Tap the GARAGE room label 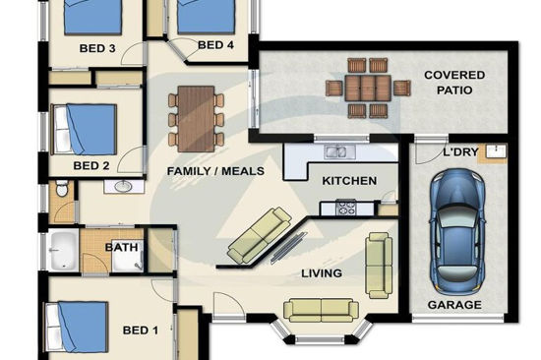pos(454,305)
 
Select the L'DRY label pos(460,151)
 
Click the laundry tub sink pos(496,151)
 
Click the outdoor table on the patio pos(368,89)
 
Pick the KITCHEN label pos(349,181)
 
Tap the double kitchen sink pos(339,151)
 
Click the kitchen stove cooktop pos(345,208)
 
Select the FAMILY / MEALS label pos(215,171)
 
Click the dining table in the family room pos(196,119)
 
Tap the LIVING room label pos(322,273)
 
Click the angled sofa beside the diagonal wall pos(260,235)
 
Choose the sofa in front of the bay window pos(321,310)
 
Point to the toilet pos(62,188)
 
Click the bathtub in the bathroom pos(64,250)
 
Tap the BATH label pos(121,247)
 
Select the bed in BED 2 pos(84,129)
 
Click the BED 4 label pos(215,45)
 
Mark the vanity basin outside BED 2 pos(123,186)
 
